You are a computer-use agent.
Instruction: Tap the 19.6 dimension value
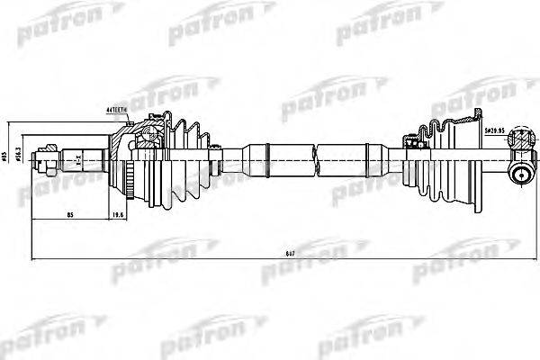pos(117,213)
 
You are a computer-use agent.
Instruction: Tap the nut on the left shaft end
pos(42,163)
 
